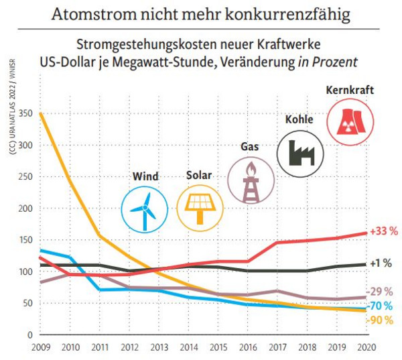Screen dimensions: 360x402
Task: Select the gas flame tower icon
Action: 251,180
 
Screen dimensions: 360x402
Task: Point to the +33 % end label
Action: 384,231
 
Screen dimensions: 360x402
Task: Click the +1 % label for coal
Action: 382,263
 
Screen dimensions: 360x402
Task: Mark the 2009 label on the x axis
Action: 40,348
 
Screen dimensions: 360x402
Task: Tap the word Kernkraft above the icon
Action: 348,91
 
